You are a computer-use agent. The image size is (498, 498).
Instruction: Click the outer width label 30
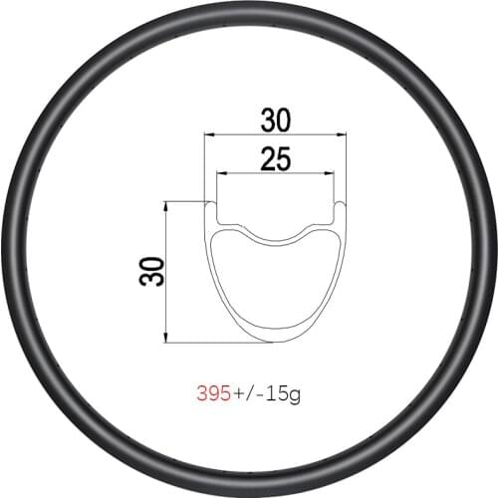276,121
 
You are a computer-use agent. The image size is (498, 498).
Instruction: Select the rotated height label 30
151,269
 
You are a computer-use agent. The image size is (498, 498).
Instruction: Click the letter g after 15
294,394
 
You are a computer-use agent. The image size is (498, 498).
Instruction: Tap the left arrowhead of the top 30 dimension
207,132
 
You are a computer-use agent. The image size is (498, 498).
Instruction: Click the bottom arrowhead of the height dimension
166,339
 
